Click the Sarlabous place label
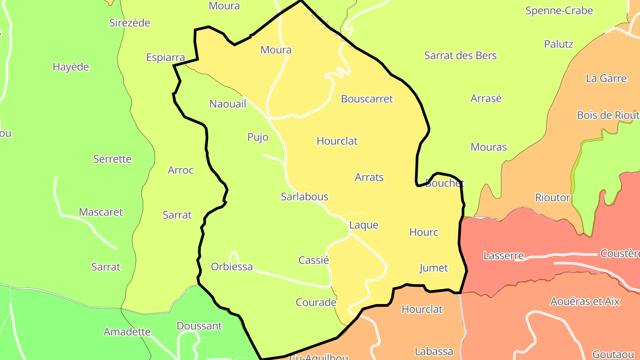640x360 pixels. pos(304,196)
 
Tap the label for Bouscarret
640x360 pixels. pos(367,99)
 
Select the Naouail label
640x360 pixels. pos(228,104)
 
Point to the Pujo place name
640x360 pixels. pos(258,137)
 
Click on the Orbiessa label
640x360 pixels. pos(232,267)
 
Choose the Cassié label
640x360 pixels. pos(313,260)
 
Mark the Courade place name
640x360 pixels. pos(316,303)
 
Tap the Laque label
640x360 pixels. pos(364,225)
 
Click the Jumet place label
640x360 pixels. pos(433,268)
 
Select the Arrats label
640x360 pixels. pos(369,177)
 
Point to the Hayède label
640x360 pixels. pos(71,67)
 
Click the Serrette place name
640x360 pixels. pos(112,159)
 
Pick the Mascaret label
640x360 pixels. pos(100,212)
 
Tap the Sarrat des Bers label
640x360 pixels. pos(460,56)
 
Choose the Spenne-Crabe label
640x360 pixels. pos(559,11)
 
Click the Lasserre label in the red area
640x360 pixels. pos(504,256)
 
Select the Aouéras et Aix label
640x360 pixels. pos(584,301)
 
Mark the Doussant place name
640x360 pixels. pos(199,326)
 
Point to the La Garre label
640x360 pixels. pos(606,79)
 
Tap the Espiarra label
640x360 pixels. pos(165,57)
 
